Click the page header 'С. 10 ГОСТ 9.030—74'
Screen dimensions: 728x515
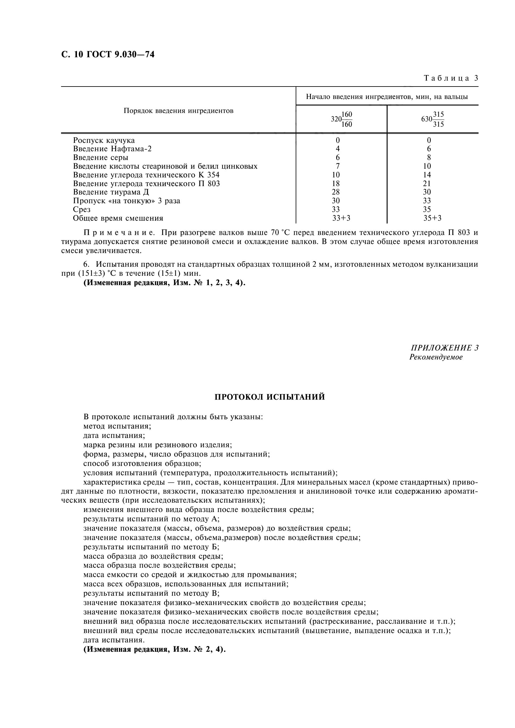108,54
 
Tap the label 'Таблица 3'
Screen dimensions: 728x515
451,78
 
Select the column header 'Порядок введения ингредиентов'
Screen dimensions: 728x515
178,111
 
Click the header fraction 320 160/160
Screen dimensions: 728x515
341,119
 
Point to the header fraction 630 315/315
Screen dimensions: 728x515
432,119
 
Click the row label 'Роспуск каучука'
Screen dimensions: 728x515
104,140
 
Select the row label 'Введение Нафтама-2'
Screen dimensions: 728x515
112,149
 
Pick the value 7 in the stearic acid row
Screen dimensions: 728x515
338,166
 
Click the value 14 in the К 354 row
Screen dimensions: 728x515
427,175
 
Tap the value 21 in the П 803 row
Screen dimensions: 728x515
427,184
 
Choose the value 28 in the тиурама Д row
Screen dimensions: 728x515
336,192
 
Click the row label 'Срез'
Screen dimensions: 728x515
82,209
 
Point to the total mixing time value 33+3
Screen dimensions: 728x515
341,218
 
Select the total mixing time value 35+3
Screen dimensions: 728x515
432,218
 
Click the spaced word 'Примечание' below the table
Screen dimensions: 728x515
119,233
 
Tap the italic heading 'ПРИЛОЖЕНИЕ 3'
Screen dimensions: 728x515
444,348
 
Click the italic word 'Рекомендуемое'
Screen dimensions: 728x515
436,357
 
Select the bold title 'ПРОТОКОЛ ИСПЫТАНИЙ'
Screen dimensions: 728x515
270,397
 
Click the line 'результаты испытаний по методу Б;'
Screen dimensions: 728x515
151,547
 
